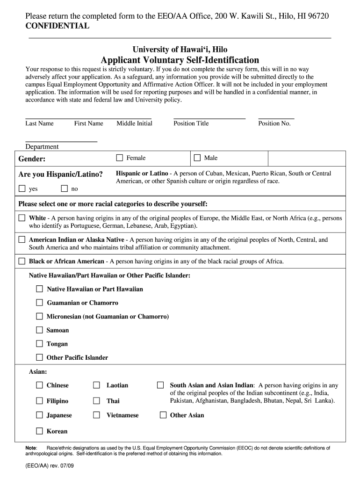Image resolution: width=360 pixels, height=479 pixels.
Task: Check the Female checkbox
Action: [120, 158]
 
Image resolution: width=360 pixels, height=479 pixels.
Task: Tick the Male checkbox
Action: [197, 158]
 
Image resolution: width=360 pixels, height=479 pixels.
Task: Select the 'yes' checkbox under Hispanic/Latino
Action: [22, 189]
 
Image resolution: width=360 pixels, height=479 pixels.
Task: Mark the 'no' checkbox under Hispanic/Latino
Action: [65, 189]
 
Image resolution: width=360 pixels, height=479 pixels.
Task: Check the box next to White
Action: [22, 218]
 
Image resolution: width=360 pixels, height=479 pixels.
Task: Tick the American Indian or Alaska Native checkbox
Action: [22, 239]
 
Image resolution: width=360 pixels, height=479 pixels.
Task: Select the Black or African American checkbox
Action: [22, 261]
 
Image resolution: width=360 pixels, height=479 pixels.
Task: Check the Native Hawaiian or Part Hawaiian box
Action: [40, 289]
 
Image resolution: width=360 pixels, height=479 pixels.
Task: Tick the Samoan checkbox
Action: [40, 330]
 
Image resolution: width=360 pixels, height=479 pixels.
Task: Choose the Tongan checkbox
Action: [40, 344]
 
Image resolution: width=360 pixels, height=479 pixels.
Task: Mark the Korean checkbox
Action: [40, 431]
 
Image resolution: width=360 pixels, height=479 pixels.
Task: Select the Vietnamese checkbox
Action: [96, 415]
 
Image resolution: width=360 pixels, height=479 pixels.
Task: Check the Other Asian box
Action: [163, 415]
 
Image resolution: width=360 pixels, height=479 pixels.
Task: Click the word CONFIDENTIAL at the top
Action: [57, 26]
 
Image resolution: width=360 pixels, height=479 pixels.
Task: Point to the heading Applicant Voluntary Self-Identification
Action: [180, 60]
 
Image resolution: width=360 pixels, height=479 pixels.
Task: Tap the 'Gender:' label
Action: [32, 159]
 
